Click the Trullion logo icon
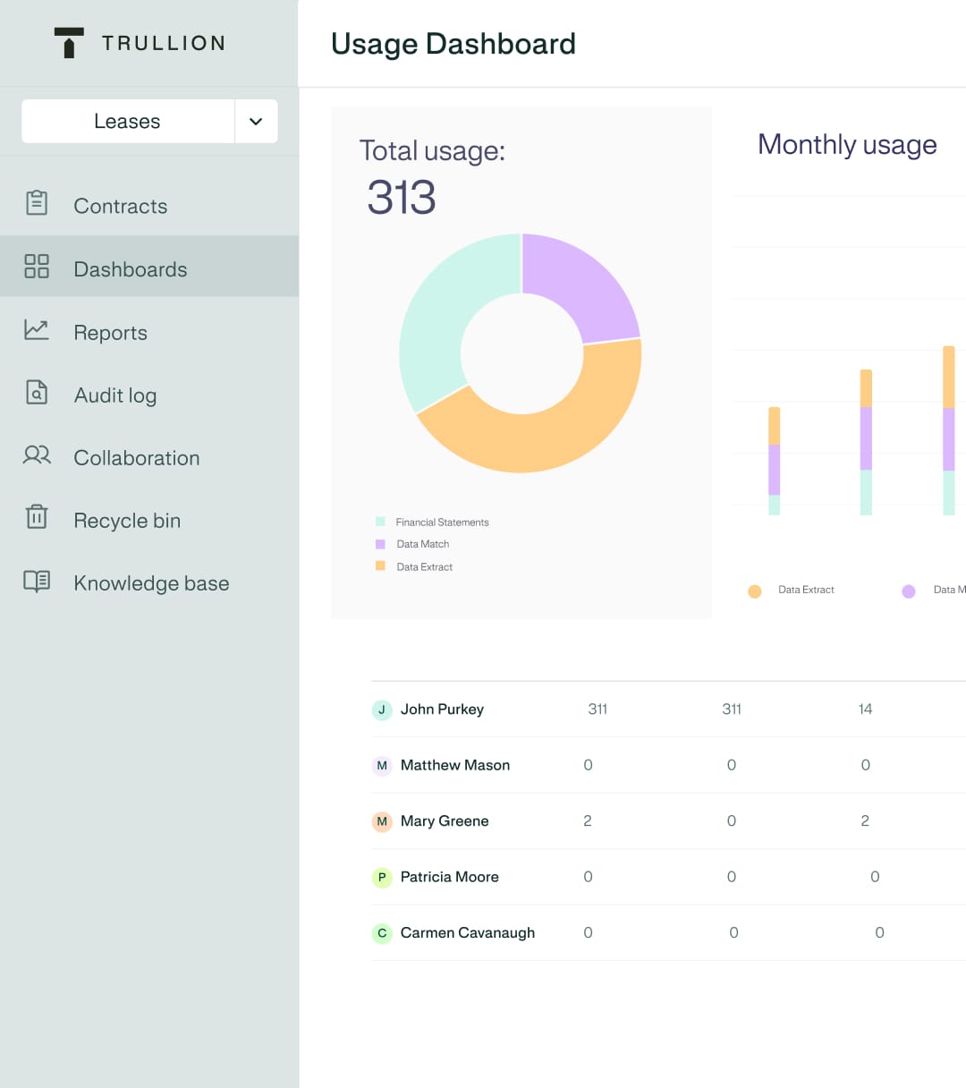69,43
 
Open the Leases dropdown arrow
256,122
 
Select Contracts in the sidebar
120,207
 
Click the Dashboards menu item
130,269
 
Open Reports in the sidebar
110,333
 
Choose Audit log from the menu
114,395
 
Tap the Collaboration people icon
37,455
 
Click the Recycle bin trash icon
37,517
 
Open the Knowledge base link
150,583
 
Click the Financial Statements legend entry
442,523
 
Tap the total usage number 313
402,198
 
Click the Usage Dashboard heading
453,44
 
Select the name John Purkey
442,710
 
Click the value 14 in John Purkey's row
865,710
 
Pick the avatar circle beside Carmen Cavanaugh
382,933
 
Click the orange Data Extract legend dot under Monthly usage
755,591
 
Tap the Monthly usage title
846,145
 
